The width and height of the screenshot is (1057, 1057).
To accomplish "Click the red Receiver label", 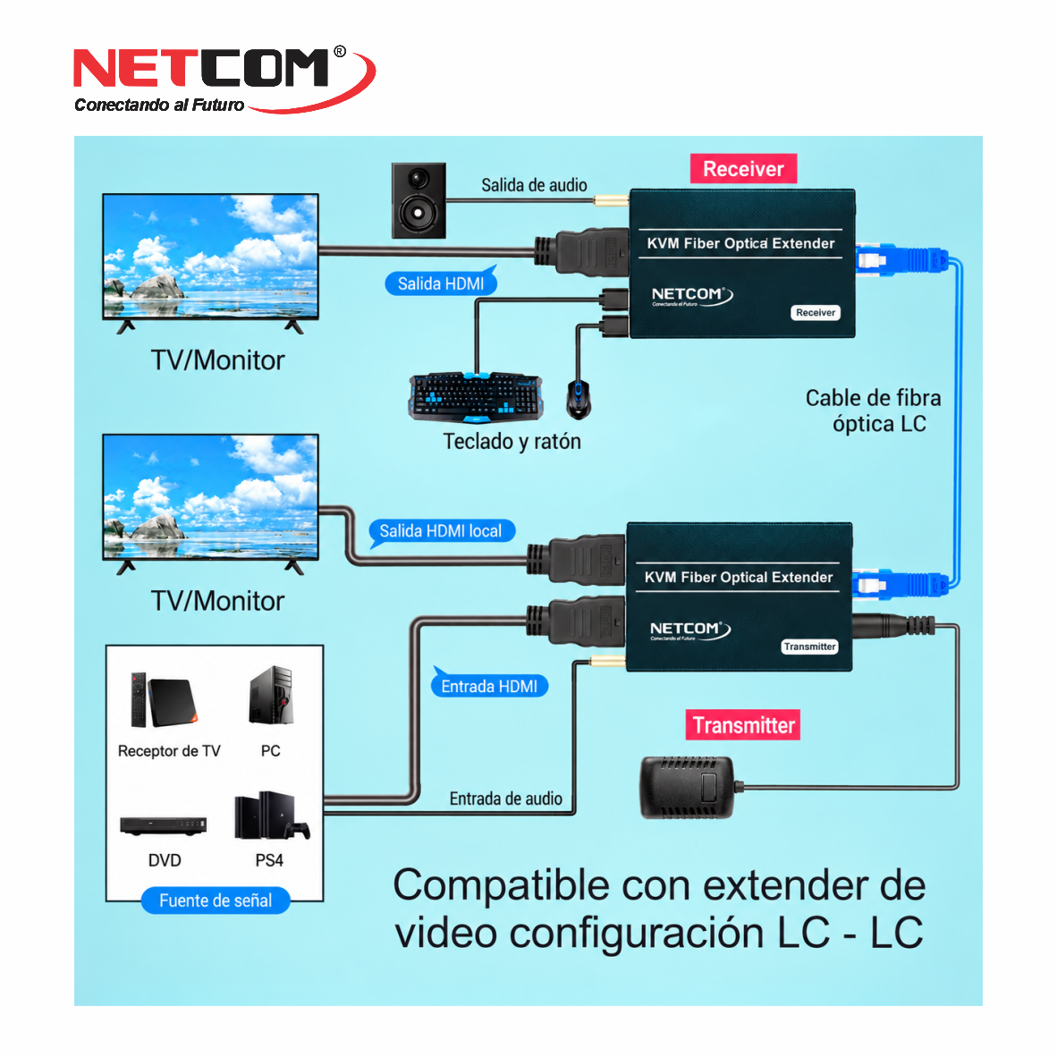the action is tap(743, 168).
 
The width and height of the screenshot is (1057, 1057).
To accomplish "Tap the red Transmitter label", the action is tap(743, 724).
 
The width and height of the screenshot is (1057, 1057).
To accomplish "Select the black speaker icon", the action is tap(419, 200).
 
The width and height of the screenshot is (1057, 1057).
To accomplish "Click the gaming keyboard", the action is tap(475, 397).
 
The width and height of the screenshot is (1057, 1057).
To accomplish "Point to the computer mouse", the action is tap(579, 399).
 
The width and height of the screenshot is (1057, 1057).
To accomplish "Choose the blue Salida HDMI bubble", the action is tap(441, 283).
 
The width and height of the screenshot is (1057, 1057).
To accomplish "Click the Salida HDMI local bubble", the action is tap(441, 531).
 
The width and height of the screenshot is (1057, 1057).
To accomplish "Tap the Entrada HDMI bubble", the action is tap(489, 685).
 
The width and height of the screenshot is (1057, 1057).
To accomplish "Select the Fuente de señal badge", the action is tap(216, 901).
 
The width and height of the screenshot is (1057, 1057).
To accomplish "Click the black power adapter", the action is tap(688, 787).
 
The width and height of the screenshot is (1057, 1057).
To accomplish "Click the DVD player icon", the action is tap(163, 825).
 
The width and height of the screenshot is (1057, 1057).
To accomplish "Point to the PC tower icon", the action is tap(271, 695).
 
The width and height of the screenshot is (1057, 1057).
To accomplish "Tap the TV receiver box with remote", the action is tap(165, 700).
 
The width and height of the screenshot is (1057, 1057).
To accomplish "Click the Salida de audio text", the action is tap(534, 185).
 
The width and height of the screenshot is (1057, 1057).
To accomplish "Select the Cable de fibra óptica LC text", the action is tap(874, 410).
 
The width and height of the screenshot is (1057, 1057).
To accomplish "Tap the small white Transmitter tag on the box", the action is tap(809, 647).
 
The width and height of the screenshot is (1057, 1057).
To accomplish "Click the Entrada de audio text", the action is tap(505, 799).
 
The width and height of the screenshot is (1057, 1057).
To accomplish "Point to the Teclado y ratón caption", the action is tap(512, 442).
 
